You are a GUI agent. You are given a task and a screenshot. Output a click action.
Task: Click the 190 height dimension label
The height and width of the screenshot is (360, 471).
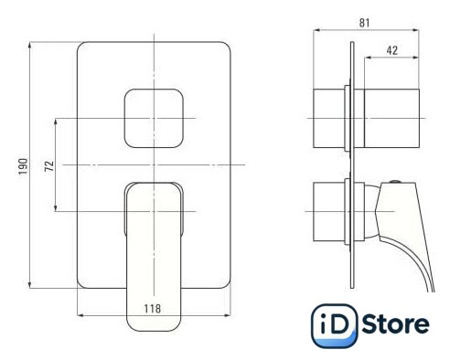(24, 166)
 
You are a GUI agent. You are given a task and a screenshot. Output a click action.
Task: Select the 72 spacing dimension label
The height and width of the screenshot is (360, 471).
(49, 166)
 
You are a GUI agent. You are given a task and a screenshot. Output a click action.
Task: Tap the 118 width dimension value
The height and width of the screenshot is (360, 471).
(153, 309)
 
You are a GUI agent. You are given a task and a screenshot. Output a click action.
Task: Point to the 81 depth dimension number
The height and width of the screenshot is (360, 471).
(364, 23)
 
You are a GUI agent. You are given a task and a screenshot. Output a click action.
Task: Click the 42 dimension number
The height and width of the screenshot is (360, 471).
(392, 50)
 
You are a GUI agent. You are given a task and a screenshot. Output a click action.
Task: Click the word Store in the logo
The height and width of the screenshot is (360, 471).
(396, 324)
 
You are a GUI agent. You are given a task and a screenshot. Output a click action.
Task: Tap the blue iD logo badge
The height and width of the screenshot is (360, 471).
(334, 326)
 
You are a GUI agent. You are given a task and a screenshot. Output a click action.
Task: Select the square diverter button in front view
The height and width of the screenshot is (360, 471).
(154, 118)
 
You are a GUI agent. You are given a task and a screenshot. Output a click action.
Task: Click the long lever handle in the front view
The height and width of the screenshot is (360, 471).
(154, 257)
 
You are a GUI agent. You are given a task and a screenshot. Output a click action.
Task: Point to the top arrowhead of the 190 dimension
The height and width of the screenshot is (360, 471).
(29, 45)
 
